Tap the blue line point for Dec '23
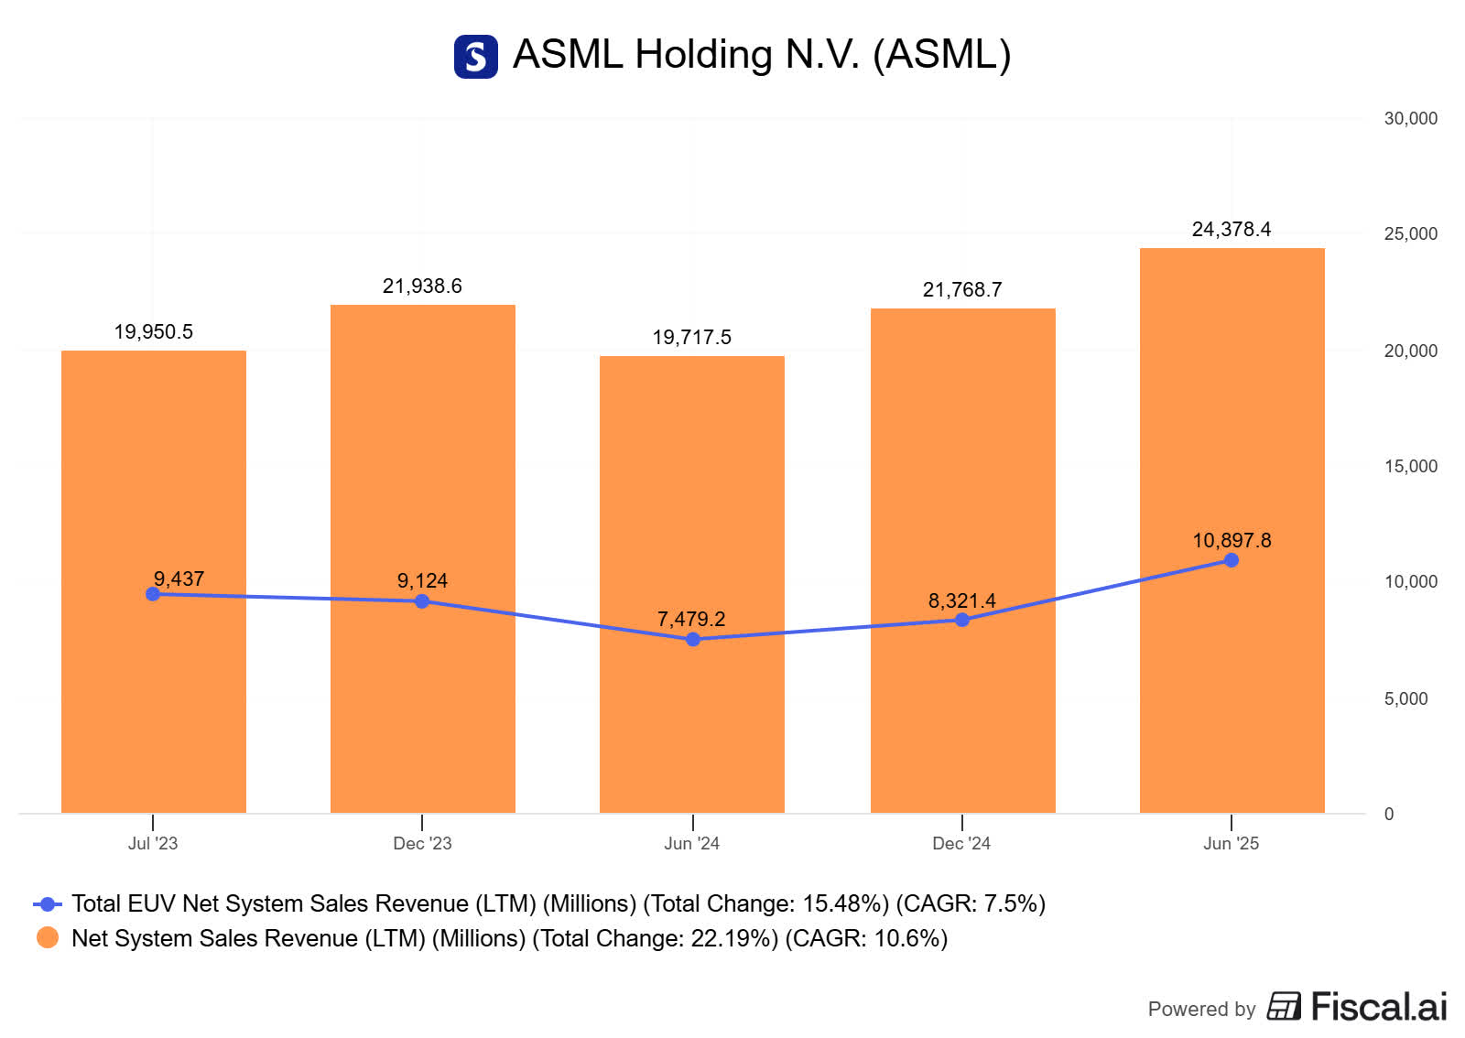click(422, 601)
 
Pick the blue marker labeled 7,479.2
click(693, 639)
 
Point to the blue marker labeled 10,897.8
click(1232, 560)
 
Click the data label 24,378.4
click(1231, 229)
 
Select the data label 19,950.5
click(153, 331)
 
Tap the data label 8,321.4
click(961, 600)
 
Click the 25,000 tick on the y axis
click(1410, 233)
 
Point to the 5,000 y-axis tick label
click(1405, 698)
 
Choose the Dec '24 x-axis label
click(961, 843)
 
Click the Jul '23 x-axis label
click(153, 843)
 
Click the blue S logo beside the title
click(476, 57)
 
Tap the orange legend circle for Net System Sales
click(48, 937)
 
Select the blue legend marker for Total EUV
click(48, 903)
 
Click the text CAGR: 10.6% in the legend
click(866, 938)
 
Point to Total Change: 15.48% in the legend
click(765, 903)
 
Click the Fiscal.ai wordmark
click(1378, 1006)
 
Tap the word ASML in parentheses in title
click(942, 54)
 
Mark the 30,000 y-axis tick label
click(1410, 118)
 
